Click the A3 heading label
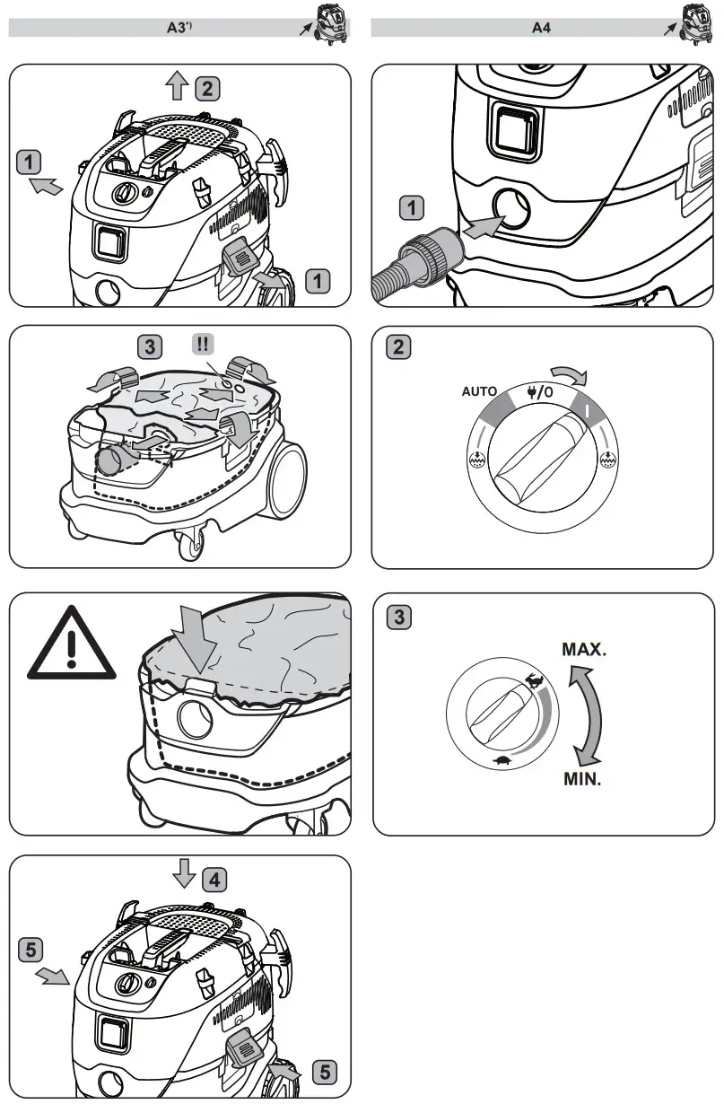(x=179, y=28)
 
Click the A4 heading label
(x=541, y=28)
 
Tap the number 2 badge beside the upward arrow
(x=206, y=88)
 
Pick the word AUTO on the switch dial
(x=480, y=392)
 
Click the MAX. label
(x=584, y=650)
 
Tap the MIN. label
(x=582, y=779)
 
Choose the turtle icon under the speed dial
(x=502, y=762)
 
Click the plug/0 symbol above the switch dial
(x=540, y=391)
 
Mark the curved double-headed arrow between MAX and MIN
(x=588, y=714)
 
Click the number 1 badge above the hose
(x=411, y=209)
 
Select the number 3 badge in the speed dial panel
(x=399, y=618)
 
